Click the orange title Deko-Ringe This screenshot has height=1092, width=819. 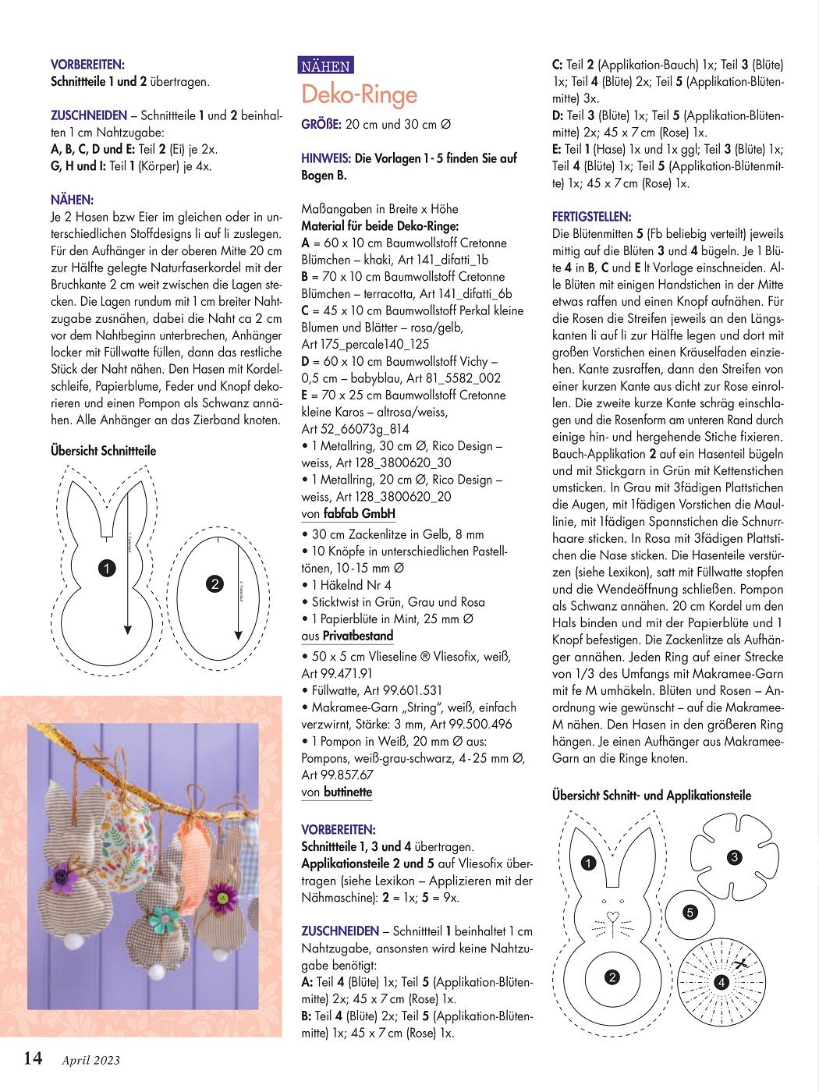pos(360,94)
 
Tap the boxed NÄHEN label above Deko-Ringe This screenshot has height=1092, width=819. pos(326,66)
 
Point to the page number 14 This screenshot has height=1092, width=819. pos(33,1058)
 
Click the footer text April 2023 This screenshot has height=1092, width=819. pos(91,1060)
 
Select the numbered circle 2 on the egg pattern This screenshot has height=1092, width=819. pos(215,583)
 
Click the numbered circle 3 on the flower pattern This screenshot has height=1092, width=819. pos(734,857)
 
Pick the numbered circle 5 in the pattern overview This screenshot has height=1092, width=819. pos(690,912)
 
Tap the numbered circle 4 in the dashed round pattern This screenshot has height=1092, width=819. pos(721,982)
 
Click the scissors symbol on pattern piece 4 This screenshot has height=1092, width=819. pos(742,963)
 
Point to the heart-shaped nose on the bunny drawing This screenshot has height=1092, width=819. pos(612,915)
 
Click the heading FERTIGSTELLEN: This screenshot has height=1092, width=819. pos(591,217)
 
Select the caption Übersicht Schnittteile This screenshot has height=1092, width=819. pos(103,451)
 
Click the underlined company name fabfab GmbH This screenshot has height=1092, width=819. pos(360,513)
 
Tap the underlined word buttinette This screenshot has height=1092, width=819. pos(347,792)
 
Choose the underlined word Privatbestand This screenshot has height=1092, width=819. pos(358,636)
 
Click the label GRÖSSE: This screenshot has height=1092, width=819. pos(321,124)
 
